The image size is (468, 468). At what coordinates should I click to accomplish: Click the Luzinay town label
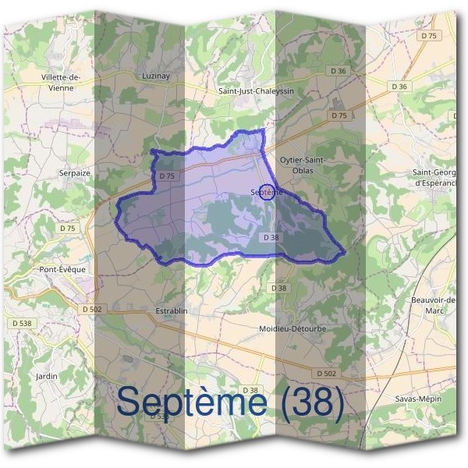[x=157, y=76]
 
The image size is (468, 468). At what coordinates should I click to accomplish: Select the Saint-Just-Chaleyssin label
[x=257, y=91]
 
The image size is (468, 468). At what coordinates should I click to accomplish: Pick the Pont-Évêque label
[x=62, y=269]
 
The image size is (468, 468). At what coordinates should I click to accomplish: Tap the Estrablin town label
[x=172, y=311]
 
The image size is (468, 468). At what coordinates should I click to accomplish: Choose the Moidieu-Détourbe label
[x=292, y=329]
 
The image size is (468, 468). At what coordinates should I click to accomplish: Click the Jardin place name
[x=48, y=375]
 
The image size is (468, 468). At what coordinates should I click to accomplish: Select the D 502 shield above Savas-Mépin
[x=326, y=374]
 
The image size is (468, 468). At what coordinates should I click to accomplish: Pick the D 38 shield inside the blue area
[x=271, y=237]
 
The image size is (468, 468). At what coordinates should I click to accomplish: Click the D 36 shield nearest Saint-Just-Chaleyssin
[x=338, y=71]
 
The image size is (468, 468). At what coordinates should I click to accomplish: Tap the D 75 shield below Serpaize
[x=68, y=229]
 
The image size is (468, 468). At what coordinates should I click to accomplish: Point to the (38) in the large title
[x=311, y=402]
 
